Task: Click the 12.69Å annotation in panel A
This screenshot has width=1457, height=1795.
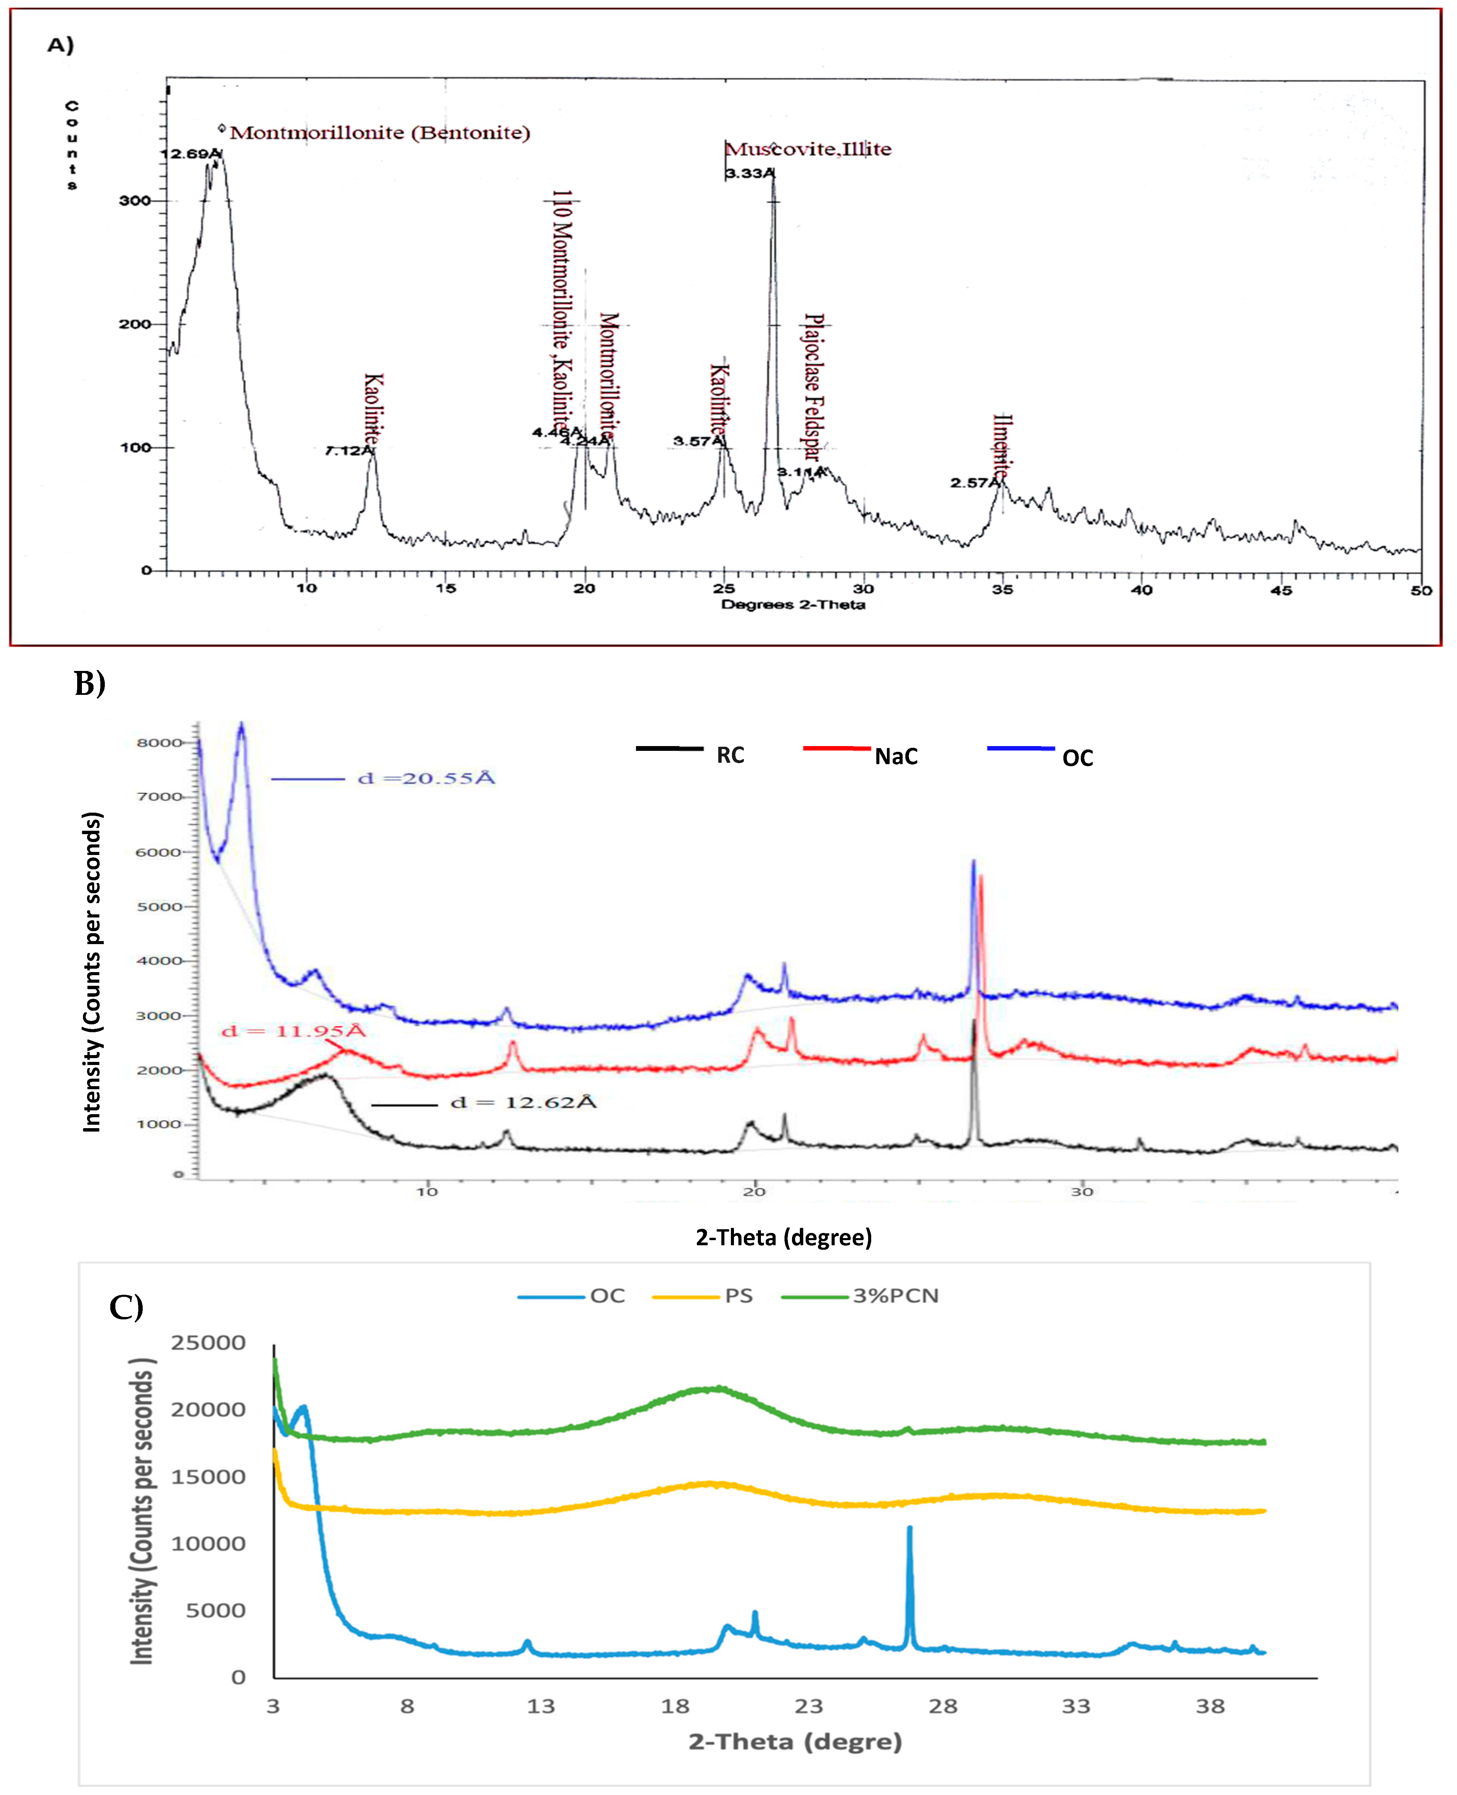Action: click(x=192, y=154)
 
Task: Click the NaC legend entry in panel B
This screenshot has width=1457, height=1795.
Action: click(x=895, y=756)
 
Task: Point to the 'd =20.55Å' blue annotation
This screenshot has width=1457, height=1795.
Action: click(x=426, y=778)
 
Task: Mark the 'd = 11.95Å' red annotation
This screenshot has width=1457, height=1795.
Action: click(x=294, y=1031)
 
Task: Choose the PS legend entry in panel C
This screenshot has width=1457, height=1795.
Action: click(x=739, y=1295)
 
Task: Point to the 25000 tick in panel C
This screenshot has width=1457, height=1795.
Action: click(x=208, y=1343)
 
